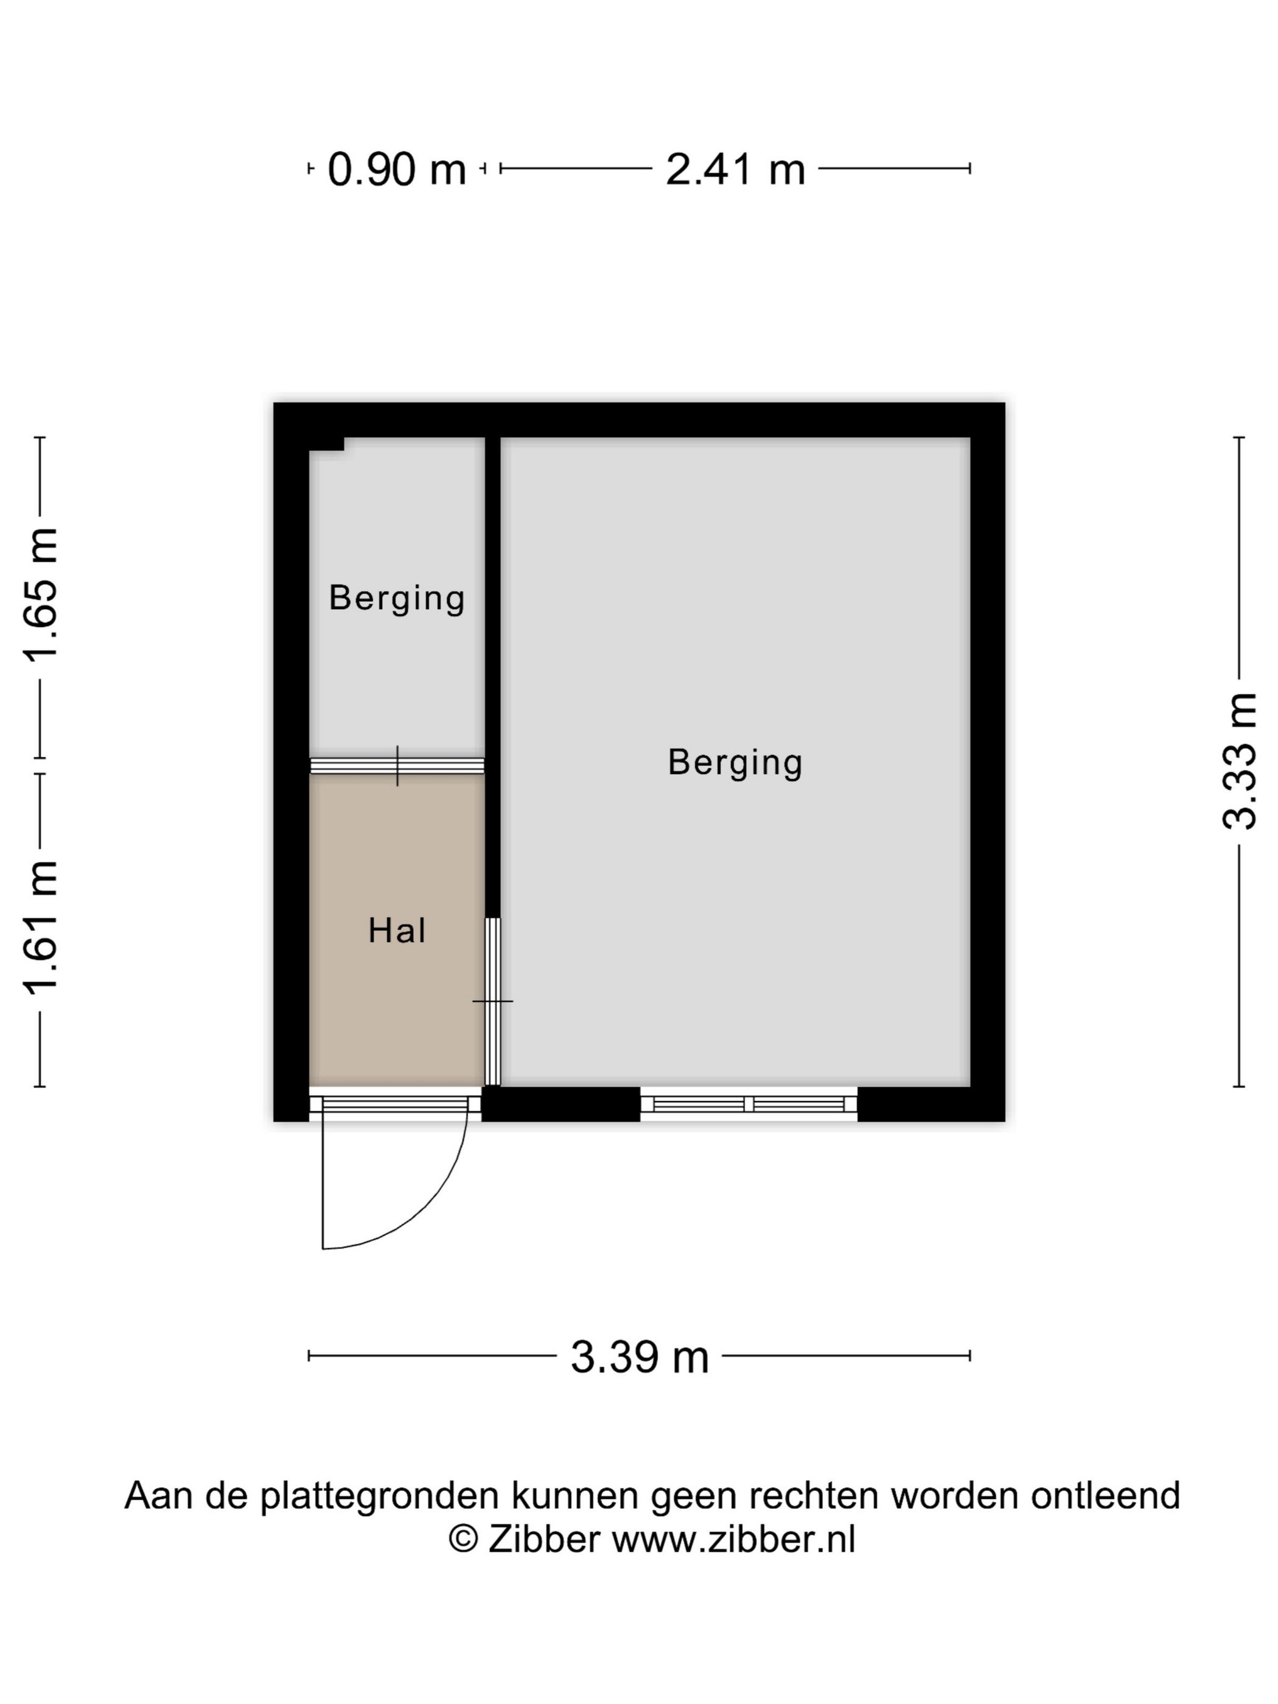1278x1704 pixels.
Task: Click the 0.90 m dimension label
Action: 397,169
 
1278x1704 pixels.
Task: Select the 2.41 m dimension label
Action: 735,169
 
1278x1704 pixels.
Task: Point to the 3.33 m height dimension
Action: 1240,761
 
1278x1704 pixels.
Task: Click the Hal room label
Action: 397,931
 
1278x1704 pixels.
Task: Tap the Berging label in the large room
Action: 735,763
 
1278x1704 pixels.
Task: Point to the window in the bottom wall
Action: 749,1104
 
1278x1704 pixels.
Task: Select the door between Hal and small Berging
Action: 397,766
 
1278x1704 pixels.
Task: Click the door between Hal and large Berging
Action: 492,1002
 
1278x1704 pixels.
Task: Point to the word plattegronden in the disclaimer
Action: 380,1496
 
